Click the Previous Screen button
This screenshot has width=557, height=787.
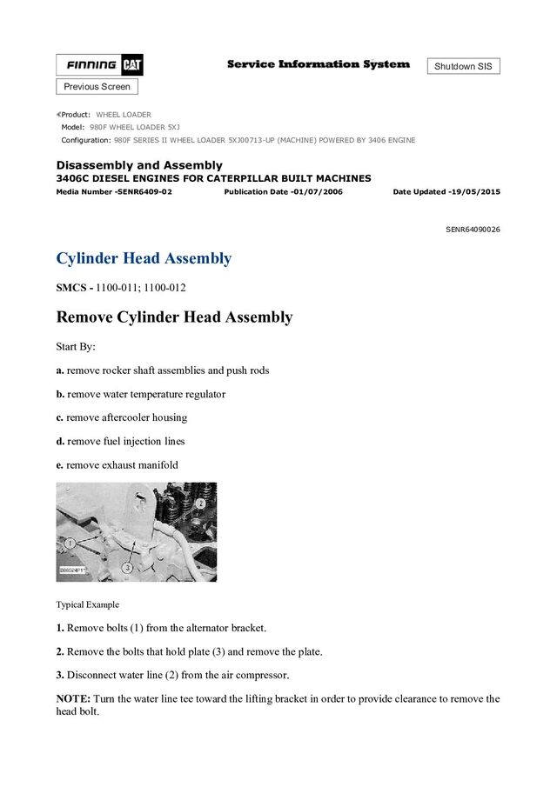pyautogui.click(x=97, y=87)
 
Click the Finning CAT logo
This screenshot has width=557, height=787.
pyautogui.click(x=100, y=65)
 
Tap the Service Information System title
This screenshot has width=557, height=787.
pyautogui.click(x=318, y=64)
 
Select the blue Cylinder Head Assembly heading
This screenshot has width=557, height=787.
pyautogui.click(x=144, y=258)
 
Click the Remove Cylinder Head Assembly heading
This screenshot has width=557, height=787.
pyautogui.click(x=174, y=317)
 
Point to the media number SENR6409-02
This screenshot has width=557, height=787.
pyautogui.click(x=114, y=191)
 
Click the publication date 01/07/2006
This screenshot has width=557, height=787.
pyautogui.click(x=317, y=191)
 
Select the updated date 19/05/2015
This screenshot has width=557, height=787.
pyautogui.click(x=475, y=191)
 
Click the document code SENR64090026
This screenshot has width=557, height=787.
pyautogui.click(x=473, y=230)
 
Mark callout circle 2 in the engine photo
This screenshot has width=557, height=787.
pyautogui.click(x=200, y=503)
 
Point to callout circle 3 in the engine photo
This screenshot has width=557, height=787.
pyautogui.click(x=127, y=567)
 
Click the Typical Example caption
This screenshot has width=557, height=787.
pyautogui.click(x=88, y=604)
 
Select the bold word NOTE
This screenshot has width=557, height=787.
pyautogui.click(x=73, y=698)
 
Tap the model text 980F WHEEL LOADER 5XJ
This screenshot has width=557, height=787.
pyautogui.click(x=134, y=127)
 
